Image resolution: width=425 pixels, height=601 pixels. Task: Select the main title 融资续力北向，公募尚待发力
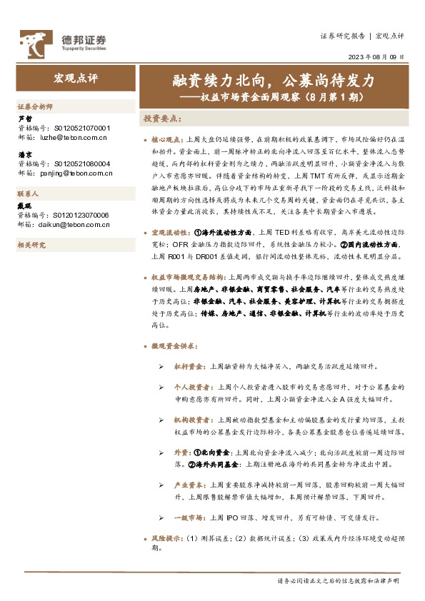pos(275,79)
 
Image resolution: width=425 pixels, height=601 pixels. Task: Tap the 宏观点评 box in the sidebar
pos(74,77)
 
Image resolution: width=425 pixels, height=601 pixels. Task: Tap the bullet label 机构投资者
pos(192,420)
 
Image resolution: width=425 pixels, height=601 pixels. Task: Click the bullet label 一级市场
pos(189,517)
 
